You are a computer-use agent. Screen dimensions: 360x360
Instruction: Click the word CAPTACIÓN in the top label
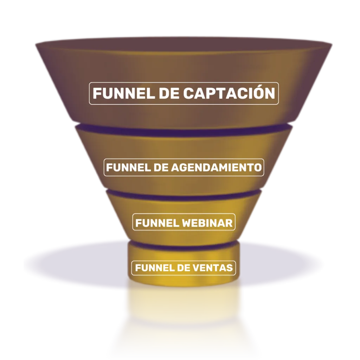point(229,93)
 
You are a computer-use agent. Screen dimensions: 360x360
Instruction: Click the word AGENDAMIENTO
point(217,167)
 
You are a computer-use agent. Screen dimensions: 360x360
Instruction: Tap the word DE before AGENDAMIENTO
point(162,167)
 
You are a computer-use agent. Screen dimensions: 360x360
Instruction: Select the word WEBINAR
point(207,223)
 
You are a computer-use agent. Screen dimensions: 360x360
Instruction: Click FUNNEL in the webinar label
point(157,223)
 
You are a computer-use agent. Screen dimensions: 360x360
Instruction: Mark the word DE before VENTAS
point(182,268)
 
